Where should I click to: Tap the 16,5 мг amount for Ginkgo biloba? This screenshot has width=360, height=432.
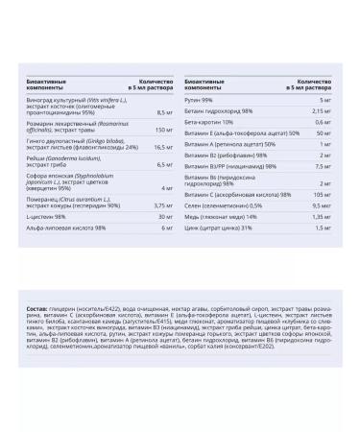(160, 147)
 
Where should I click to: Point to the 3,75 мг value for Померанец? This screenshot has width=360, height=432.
(160, 204)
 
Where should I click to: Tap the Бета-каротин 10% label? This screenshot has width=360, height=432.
(208, 122)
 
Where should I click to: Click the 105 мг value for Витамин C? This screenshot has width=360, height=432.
(321, 195)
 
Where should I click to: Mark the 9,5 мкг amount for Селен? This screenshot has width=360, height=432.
(320, 206)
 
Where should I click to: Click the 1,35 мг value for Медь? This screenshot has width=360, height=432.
(320, 217)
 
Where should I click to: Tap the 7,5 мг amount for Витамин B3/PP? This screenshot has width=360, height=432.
(322, 165)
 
